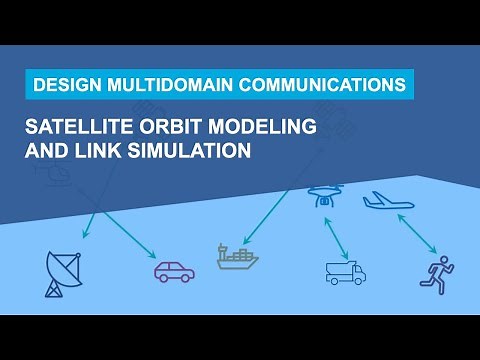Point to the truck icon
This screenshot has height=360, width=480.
pyautogui.click(x=345, y=271)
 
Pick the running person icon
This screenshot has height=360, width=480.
pyautogui.click(x=436, y=271)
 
